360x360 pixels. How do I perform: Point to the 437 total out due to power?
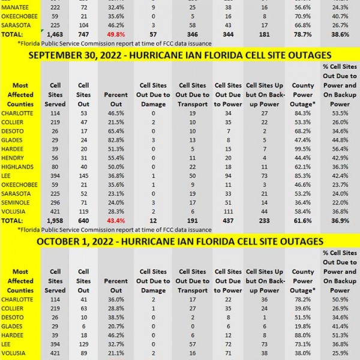228,220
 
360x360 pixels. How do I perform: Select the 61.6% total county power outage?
303,220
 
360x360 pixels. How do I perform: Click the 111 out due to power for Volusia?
228,211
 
